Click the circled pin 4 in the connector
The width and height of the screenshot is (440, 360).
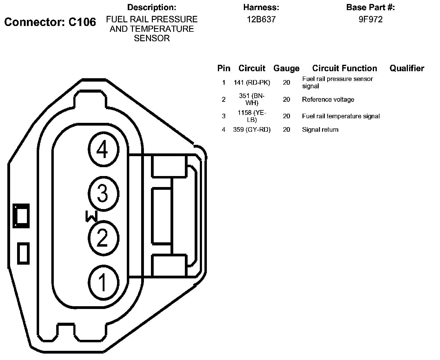pyautogui.click(x=104, y=149)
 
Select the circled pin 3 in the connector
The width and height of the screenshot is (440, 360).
pyautogui.click(x=104, y=194)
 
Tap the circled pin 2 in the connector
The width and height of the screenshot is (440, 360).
pyautogui.click(x=104, y=238)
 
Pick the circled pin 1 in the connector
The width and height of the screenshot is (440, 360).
pyautogui.click(x=104, y=283)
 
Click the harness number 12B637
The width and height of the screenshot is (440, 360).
pyautogui.click(x=261, y=20)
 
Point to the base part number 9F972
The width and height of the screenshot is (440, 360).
pyautogui.click(x=371, y=20)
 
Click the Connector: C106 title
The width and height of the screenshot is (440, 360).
pyautogui.click(x=50, y=22)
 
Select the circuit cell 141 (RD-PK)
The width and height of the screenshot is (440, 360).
pyautogui.click(x=252, y=83)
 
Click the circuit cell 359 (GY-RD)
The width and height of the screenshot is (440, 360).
pyautogui.click(x=252, y=130)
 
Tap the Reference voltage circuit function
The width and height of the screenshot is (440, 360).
pyautogui.click(x=328, y=100)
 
